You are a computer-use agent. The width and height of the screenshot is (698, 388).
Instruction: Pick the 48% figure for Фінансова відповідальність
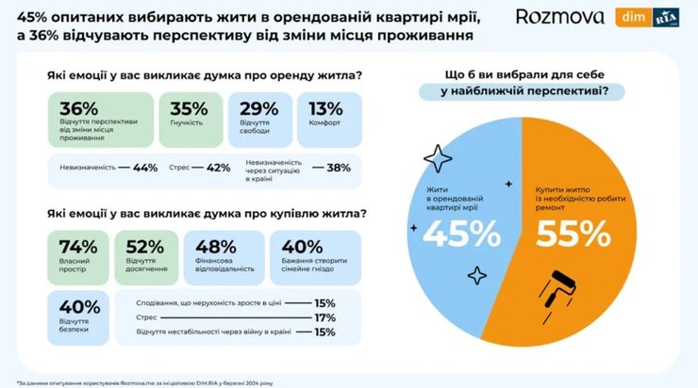(x=209, y=247)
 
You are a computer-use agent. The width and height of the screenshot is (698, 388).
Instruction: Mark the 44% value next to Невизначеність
(x=145, y=168)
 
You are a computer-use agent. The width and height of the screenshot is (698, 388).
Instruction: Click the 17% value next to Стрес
(x=324, y=317)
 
